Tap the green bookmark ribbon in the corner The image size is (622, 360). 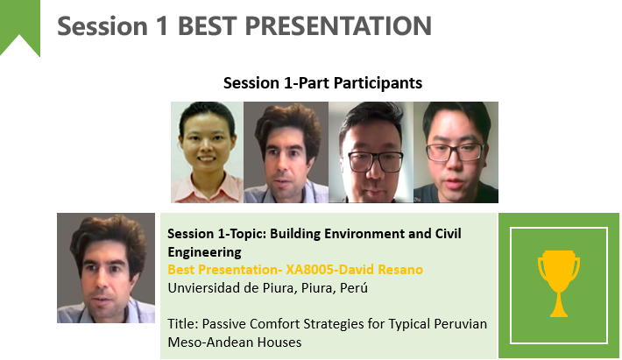tap(20, 24)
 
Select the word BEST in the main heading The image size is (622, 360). tap(208, 26)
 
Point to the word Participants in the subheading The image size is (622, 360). tap(378, 83)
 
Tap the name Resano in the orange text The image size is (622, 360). tap(400, 270)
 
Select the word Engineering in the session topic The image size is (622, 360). tap(205, 252)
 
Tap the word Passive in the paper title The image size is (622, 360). tap(223, 324)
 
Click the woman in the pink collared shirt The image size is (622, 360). tap(207, 152)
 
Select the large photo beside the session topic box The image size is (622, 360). tap(106, 268)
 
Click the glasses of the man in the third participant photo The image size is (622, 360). tap(375, 161)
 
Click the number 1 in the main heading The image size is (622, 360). tap(162, 26)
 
